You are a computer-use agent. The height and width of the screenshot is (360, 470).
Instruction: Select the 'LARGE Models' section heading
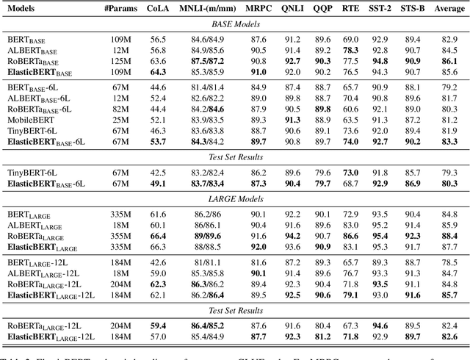coord(234,198)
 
